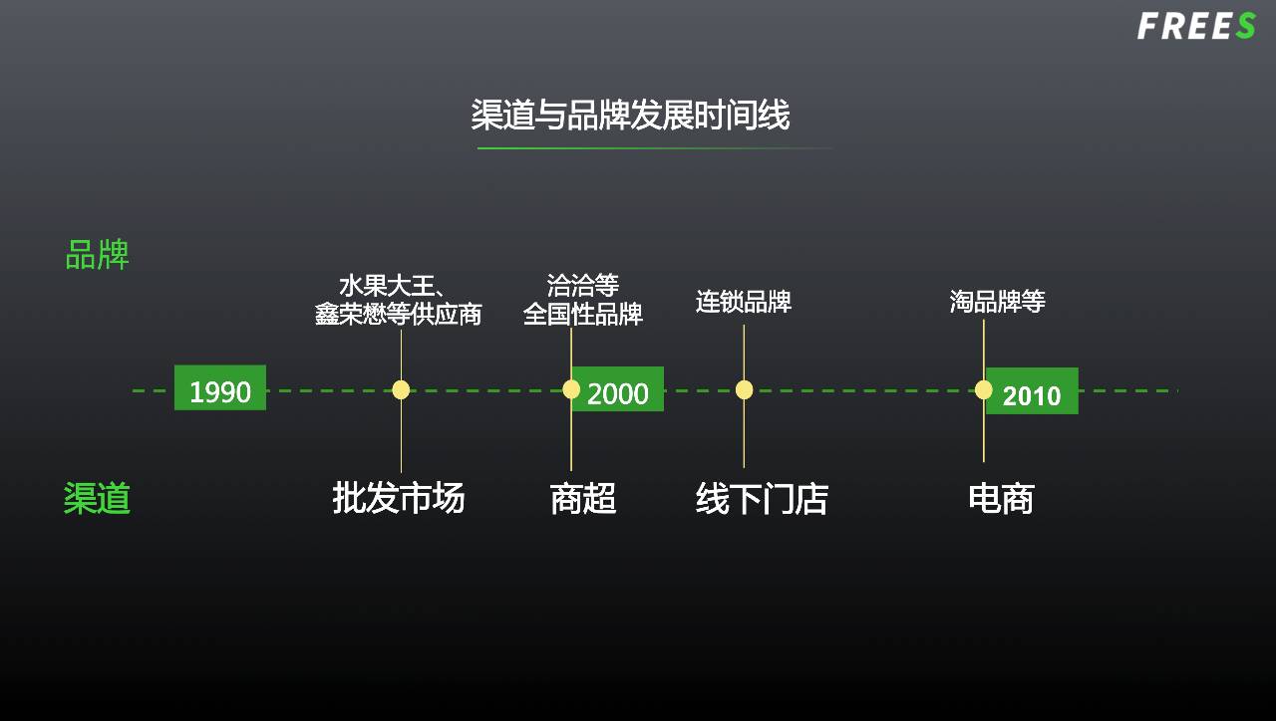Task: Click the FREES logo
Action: click(x=1195, y=26)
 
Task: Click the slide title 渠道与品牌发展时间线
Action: click(x=630, y=116)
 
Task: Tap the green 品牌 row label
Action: click(x=97, y=256)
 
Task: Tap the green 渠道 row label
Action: click(x=97, y=498)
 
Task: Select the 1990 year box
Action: click(x=220, y=388)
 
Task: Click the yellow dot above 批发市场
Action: click(x=401, y=389)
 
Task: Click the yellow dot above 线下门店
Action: click(x=744, y=389)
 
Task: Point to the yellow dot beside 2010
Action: click(x=984, y=389)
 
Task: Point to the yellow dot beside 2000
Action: click(x=571, y=389)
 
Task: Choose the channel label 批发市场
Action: click(x=399, y=498)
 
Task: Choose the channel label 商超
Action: click(x=583, y=498)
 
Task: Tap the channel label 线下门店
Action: click(x=762, y=499)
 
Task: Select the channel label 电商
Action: click(x=1001, y=498)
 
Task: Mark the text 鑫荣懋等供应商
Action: click(x=398, y=315)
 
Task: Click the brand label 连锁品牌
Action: click(x=744, y=302)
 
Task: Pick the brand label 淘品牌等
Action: click(x=997, y=302)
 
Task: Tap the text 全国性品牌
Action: click(x=583, y=315)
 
